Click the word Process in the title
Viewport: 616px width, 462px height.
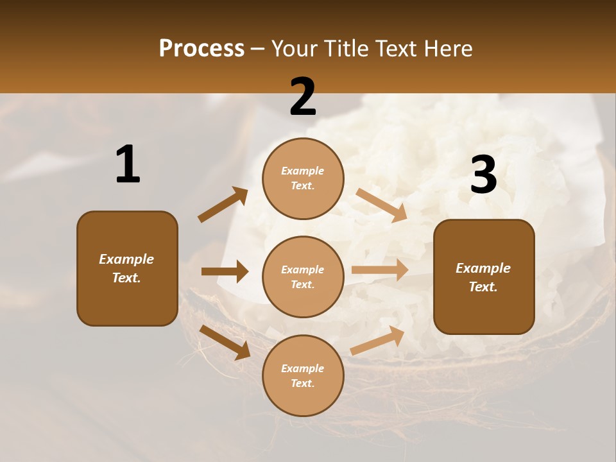pyautogui.click(x=201, y=49)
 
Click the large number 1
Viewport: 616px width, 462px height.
pyautogui.click(x=128, y=165)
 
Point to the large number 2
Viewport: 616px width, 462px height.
pyautogui.click(x=303, y=97)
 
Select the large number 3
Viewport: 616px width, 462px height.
pyautogui.click(x=483, y=175)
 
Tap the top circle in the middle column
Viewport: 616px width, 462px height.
pyautogui.click(x=303, y=178)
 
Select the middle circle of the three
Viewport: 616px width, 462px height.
pyautogui.click(x=303, y=277)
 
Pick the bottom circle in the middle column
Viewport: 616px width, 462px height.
pyautogui.click(x=303, y=375)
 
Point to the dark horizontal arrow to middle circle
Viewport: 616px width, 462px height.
pyautogui.click(x=225, y=271)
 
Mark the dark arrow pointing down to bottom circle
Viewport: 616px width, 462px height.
pyautogui.click(x=225, y=341)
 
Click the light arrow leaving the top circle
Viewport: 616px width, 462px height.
pyautogui.click(x=382, y=205)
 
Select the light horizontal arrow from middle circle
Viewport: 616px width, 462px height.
pyautogui.click(x=380, y=270)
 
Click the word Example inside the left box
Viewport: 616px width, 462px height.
pyautogui.click(x=126, y=259)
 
